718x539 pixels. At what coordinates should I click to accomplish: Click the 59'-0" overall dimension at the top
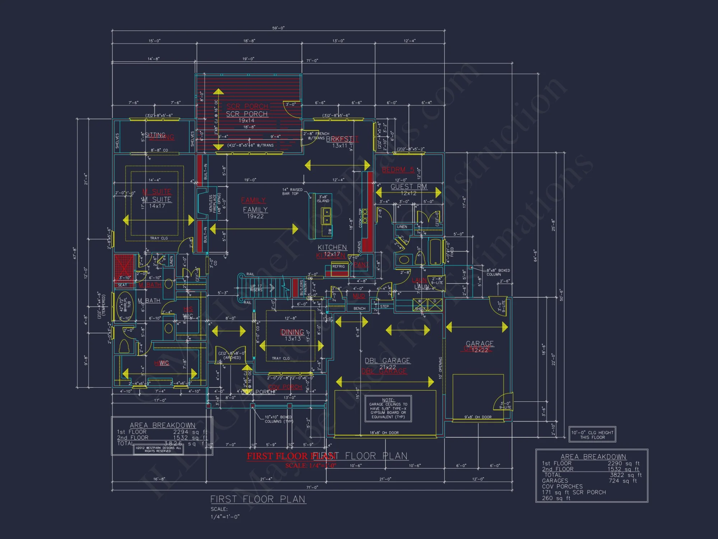pos(278,28)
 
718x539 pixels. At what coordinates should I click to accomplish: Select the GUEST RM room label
pos(409,186)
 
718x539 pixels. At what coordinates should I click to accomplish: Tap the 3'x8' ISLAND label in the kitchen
pos(323,199)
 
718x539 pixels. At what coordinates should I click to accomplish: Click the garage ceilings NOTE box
pos(388,409)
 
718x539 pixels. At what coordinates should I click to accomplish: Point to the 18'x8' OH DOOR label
pos(384,433)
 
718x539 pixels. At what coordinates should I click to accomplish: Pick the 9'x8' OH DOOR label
pos(478,417)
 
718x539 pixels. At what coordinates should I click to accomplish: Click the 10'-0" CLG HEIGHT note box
pos(592,435)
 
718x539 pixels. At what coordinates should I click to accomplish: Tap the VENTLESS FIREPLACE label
pos(213,203)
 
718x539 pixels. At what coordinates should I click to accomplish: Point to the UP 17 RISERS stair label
pos(256,288)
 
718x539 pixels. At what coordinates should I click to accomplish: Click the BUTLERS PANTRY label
pos(303,288)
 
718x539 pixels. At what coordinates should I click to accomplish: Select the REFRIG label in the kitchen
pos(338,267)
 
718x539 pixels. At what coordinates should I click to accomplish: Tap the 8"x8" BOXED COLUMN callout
pos(498,272)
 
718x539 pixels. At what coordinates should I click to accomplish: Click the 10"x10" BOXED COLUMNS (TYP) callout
pos(278,419)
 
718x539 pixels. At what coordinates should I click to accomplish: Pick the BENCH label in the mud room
pos(359,308)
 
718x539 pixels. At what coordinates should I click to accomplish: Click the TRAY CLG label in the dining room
pos(280,358)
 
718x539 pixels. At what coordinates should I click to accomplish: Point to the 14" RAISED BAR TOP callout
pos(292,192)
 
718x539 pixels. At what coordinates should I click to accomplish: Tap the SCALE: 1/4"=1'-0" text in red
pos(311,466)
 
